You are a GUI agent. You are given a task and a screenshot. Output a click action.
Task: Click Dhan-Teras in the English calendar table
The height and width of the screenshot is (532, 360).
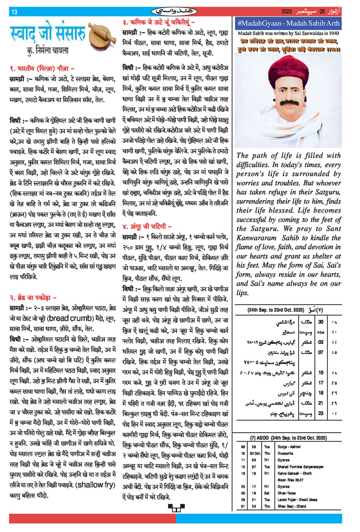(x=283, y=492)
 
